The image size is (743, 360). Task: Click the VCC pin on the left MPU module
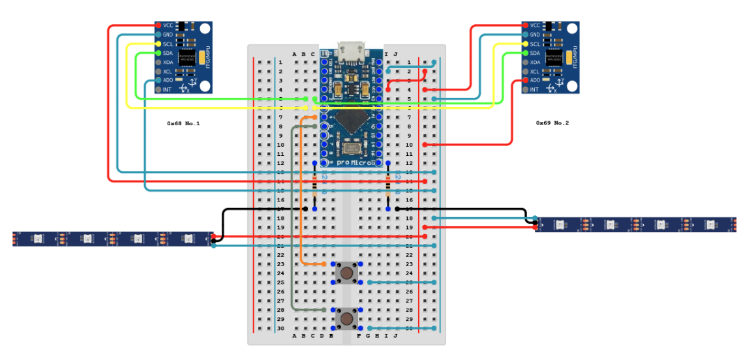click(158, 25)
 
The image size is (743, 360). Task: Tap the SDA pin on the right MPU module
click(525, 53)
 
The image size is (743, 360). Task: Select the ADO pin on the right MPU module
click(525, 80)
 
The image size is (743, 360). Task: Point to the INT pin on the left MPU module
click(158, 89)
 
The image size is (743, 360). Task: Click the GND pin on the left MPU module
click(158, 35)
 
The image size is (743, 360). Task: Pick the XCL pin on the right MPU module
click(525, 71)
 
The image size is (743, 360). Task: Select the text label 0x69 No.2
click(552, 123)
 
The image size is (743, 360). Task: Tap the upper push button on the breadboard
click(346, 273)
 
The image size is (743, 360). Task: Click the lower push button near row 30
click(346, 319)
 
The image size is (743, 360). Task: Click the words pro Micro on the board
click(354, 162)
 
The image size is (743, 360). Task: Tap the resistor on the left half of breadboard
click(314, 186)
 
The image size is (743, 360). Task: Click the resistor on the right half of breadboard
click(388, 186)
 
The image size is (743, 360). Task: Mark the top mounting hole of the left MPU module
click(205, 29)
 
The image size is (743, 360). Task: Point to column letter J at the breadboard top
click(395, 54)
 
